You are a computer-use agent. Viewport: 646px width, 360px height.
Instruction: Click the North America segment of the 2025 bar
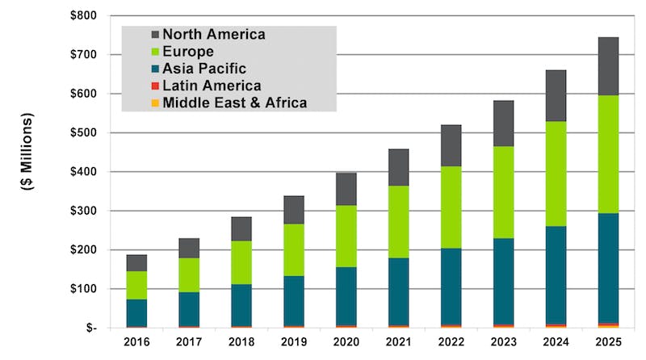pyautogui.click(x=603, y=66)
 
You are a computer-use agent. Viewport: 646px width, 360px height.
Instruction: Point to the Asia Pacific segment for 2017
pyautogui.click(x=189, y=308)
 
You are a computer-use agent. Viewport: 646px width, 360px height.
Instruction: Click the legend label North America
pyautogui.click(x=213, y=34)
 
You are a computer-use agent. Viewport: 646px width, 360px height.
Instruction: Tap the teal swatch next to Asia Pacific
pyautogui.click(x=154, y=69)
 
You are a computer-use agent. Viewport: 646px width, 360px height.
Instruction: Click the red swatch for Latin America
pyautogui.click(x=154, y=86)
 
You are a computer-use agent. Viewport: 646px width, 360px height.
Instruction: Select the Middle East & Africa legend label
pyautogui.click(x=235, y=103)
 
